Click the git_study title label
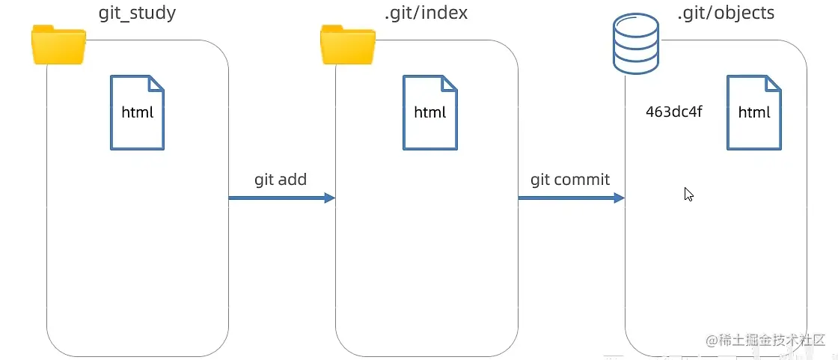pyautogui.click(x=138, y=13)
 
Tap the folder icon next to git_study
pyautogui.click(x=58, y=44)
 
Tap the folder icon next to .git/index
pyautogui.click(x=347, y=44)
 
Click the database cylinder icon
pyautogui.click(x=635, y=44)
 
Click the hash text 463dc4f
pyautogui.click(x=674, y=112)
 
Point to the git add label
pyautogui.click(x=281, y=180)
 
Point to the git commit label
pyautogui.click(x=570, y=180)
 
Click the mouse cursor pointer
pyautogui.click(x=688, y=194)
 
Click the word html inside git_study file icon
pyautogui.click(x=137, y=113)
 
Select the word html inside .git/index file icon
pyautogui.click(x=429, y=113)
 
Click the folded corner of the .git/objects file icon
pyautogui.click(x=774, y=83)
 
